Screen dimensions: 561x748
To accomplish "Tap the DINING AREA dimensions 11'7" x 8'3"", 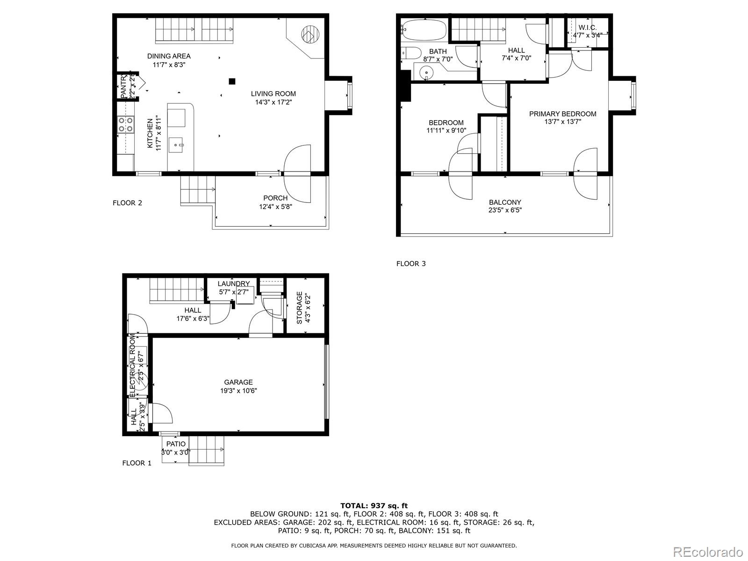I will [169, 65].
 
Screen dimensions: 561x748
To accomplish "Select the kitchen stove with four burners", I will [125, 124].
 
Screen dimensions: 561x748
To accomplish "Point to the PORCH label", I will [275, 198].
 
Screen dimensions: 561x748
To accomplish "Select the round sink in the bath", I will [426, 72].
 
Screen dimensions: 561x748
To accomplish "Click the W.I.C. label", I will [588, 28].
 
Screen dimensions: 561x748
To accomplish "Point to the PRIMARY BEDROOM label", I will [562, 114].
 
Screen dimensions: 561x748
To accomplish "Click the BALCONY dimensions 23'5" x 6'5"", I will [505, 210].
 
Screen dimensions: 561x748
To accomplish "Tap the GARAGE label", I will [238, 382].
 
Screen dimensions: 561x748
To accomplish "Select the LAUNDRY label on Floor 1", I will [233, 284].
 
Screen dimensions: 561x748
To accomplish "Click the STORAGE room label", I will [299, 308].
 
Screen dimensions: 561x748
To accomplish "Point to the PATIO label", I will [176, 444].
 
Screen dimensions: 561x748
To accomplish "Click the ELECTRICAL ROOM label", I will [132, 365].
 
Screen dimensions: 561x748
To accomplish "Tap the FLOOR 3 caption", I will [411, 264].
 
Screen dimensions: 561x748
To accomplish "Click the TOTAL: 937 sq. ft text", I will [374, 505].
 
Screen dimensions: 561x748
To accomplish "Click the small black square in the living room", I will [232, 81].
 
